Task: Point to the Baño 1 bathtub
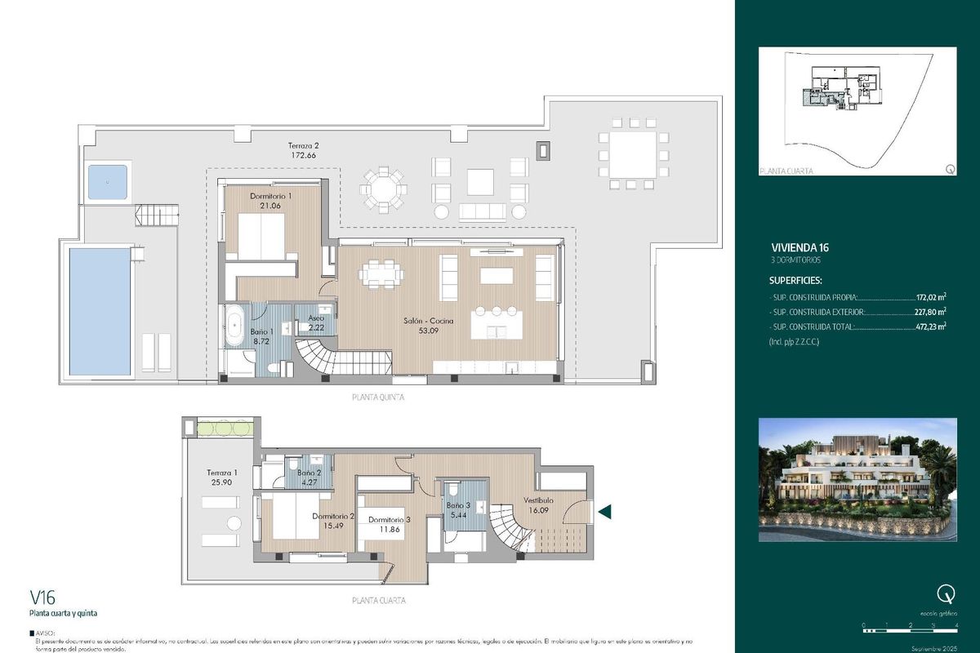pos(236,324)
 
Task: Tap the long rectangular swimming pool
pos(100,311)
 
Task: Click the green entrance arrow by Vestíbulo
pos(606,512)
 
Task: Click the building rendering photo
pos(857,479)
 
